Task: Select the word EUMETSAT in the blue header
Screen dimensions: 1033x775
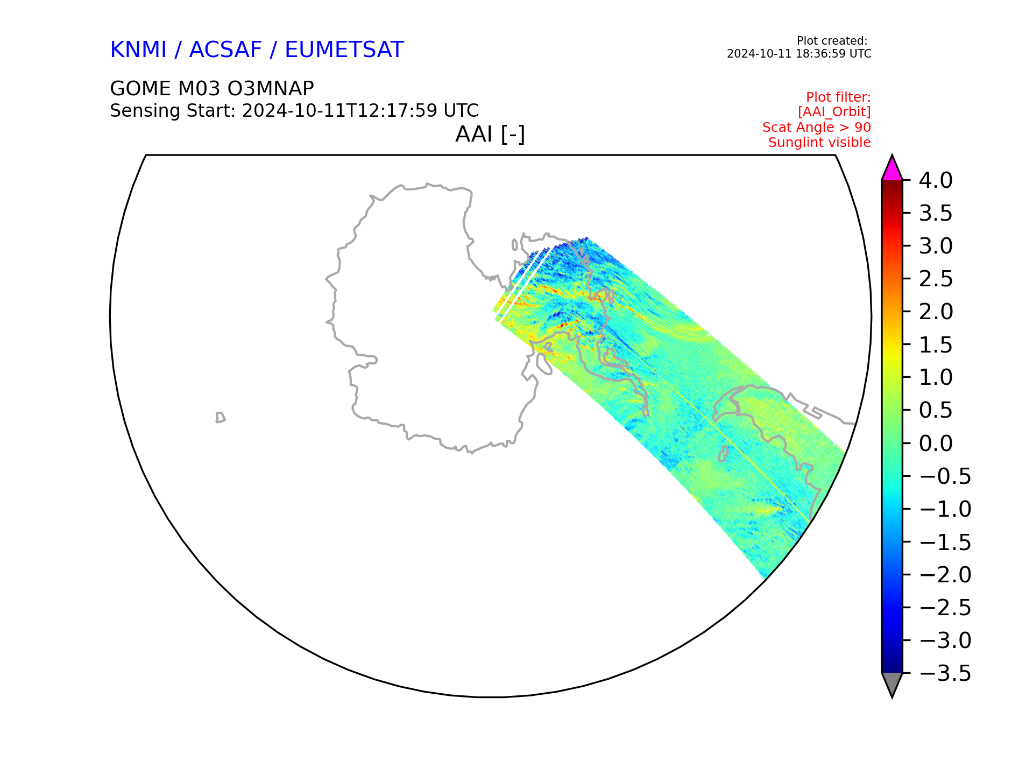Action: point(344,50)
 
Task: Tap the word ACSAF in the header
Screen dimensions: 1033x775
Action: point(225,50)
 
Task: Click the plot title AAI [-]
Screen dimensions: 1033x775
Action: point(490,134)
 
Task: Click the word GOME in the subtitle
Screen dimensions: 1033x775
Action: point(137,88)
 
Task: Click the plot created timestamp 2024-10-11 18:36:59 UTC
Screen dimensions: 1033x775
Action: point(799,54)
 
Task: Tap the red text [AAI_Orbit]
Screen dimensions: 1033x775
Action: point(834,112)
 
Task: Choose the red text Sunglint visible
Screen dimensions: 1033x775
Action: point(819,143)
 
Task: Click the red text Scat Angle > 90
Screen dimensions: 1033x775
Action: point(817,128)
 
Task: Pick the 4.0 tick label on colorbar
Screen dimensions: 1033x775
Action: point(936,180)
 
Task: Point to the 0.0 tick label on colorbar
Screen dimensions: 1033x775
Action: point(936,443)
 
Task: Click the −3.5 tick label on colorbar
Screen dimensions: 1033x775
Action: point(945,673)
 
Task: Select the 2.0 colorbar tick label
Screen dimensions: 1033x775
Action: point(936,312)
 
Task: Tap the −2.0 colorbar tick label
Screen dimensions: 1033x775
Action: point(945,575)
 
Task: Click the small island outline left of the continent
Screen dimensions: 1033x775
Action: point(220,418)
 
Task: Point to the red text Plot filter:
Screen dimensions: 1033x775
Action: point(838,97)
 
